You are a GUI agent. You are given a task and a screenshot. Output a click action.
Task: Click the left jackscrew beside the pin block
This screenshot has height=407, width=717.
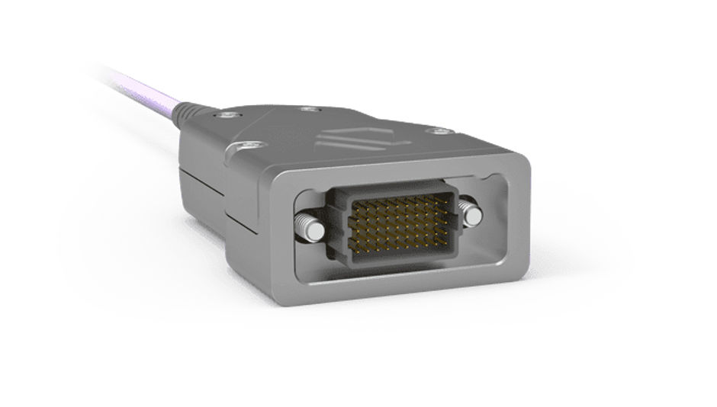tap(307, 226)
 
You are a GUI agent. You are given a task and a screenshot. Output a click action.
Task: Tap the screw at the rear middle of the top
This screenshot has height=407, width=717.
tap(307, 110)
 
